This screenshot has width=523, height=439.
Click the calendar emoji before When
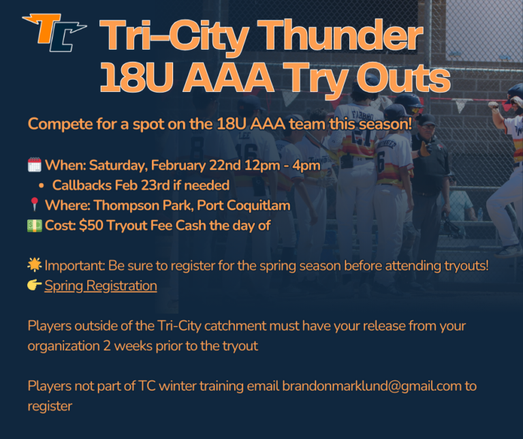[34, 165]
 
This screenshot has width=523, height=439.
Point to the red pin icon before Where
[34, 205]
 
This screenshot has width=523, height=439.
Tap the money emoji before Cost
[34, 226]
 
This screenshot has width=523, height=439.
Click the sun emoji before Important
[34, 266]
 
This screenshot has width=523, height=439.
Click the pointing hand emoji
[34, 286]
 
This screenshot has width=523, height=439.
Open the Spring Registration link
[101, 286]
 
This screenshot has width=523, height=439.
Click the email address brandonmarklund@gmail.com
[371, 386]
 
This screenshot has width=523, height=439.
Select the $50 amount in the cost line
[91, 226]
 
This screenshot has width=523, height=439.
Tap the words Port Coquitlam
[256, 205]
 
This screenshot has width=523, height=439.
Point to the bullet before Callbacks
[42, 185]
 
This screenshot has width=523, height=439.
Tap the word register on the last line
[49, 406]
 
